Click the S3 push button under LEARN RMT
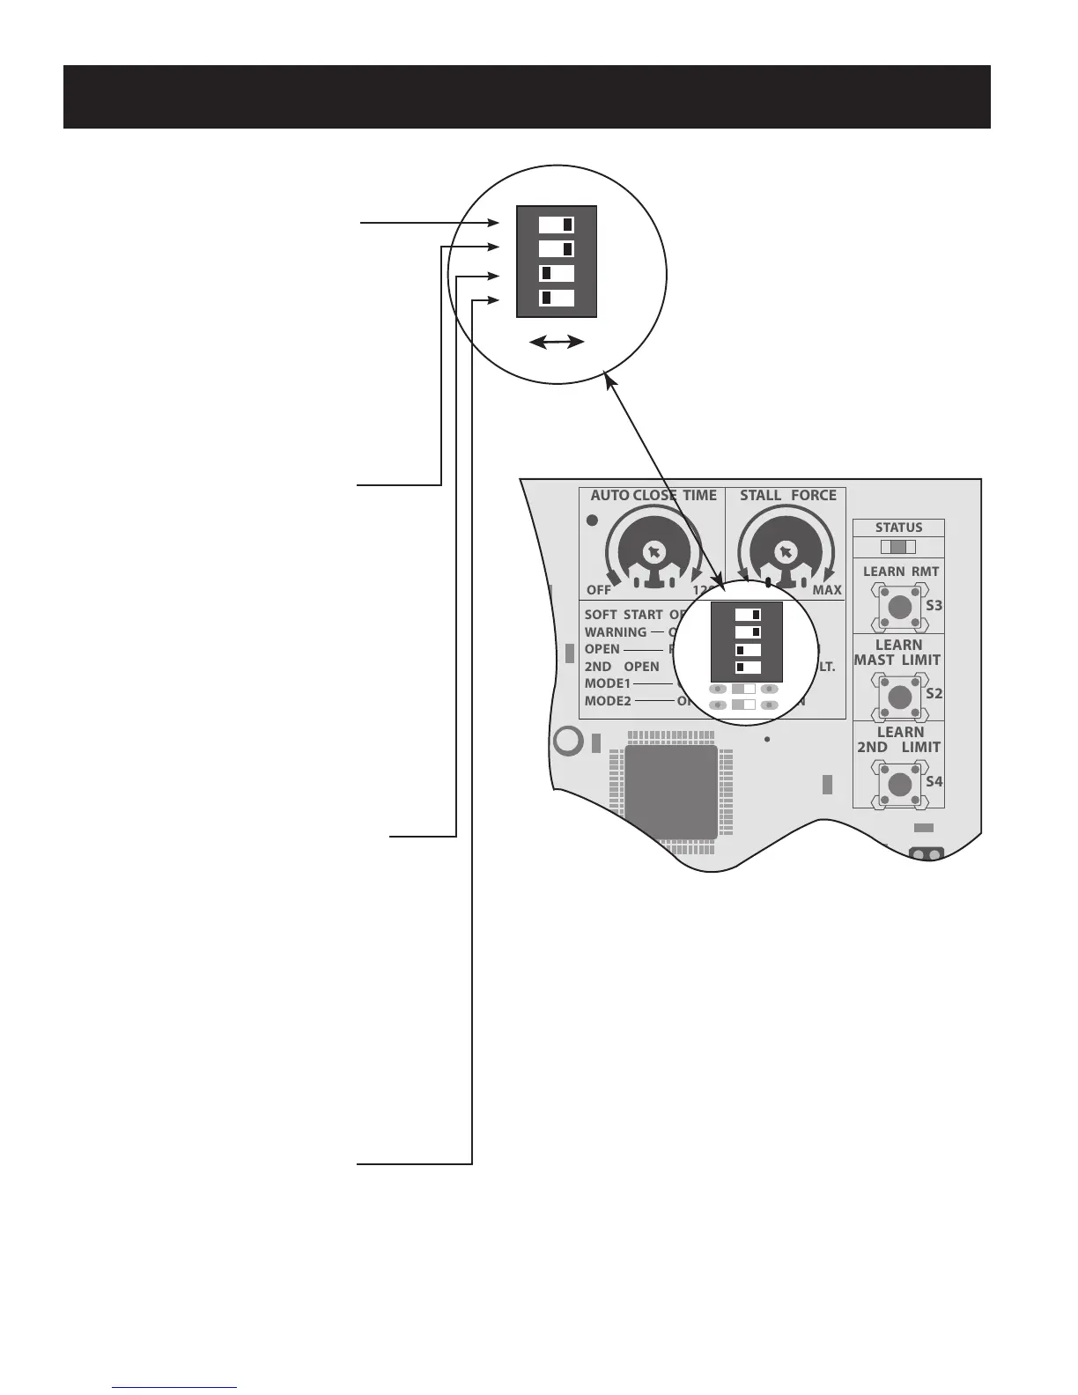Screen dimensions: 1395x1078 click(899, 607)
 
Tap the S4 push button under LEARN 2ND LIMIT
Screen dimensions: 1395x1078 click(899, 784)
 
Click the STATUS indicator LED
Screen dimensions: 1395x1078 click(898, 547)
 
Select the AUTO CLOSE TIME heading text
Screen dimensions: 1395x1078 click(653, 496)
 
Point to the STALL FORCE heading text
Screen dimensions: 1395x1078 click(787, 496)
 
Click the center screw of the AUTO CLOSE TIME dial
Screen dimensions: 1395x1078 click(653, 552)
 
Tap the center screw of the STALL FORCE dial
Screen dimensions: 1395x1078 click(784, 552)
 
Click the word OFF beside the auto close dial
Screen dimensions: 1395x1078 click(599, 590)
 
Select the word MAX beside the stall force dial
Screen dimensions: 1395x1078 click(826, 590)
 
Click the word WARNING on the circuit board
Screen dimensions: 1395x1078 click(616, 632)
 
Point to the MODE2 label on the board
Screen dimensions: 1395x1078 click(608, 701)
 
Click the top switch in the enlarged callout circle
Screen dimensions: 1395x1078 click(557, 225)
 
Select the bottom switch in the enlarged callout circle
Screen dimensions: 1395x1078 click(557, 298)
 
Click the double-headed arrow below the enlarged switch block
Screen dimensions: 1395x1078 click(557, 343)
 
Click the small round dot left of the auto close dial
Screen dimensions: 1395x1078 click(593, 520)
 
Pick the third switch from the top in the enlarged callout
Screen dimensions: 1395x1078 click(557, 273)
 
